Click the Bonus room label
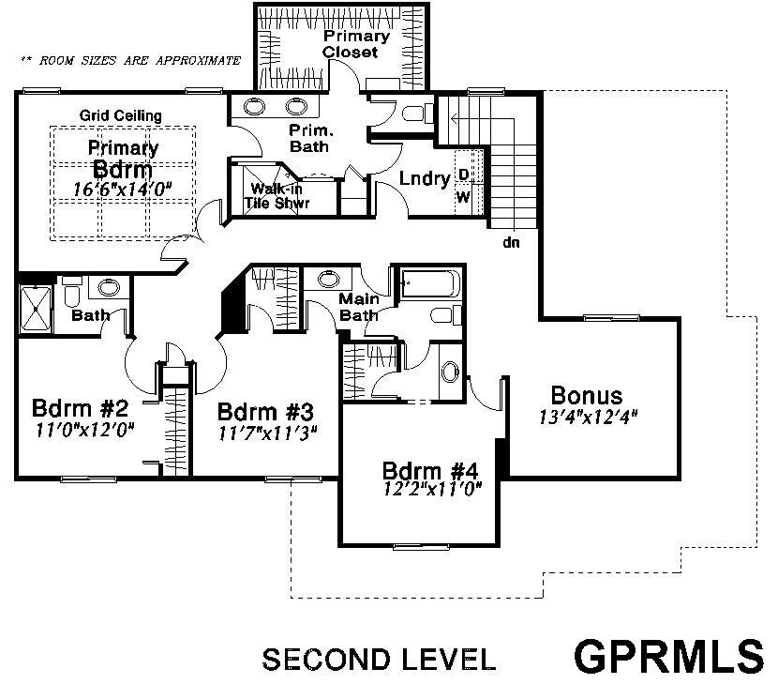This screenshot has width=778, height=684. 587,395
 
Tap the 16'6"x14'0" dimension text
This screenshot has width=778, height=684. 122,189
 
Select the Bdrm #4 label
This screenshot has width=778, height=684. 430,470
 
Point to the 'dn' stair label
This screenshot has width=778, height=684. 511,242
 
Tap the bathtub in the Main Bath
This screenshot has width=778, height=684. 430,283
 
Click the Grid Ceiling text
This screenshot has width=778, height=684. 121,115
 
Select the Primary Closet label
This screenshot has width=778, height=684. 356,44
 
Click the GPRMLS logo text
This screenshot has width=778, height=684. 669,656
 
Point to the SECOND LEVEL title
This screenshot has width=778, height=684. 379,660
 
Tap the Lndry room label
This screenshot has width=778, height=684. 425,179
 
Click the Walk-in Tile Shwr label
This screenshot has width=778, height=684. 277,196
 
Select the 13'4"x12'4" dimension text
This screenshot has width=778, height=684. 588,418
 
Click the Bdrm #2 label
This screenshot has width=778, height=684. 80,408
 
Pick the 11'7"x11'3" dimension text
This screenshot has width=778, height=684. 267,433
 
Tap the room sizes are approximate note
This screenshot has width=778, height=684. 130,61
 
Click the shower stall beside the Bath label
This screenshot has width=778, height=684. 36,310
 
